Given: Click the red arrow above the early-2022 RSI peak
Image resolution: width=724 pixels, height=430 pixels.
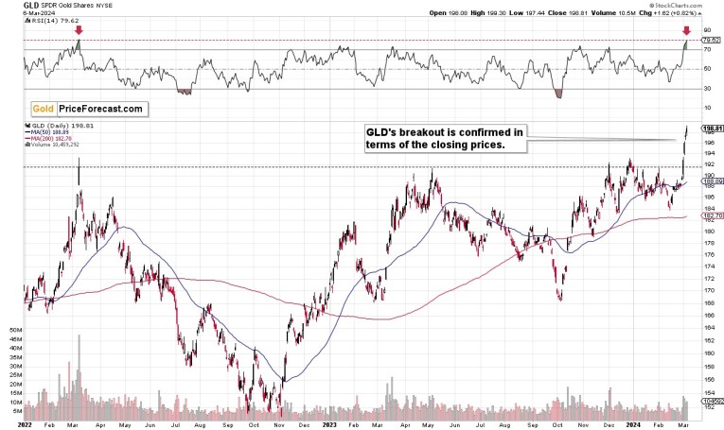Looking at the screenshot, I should coord(79,30).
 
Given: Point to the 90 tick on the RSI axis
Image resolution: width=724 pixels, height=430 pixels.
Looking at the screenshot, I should coord(706,30).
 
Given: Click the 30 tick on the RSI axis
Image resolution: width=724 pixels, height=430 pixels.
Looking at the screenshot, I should coord(706,88).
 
